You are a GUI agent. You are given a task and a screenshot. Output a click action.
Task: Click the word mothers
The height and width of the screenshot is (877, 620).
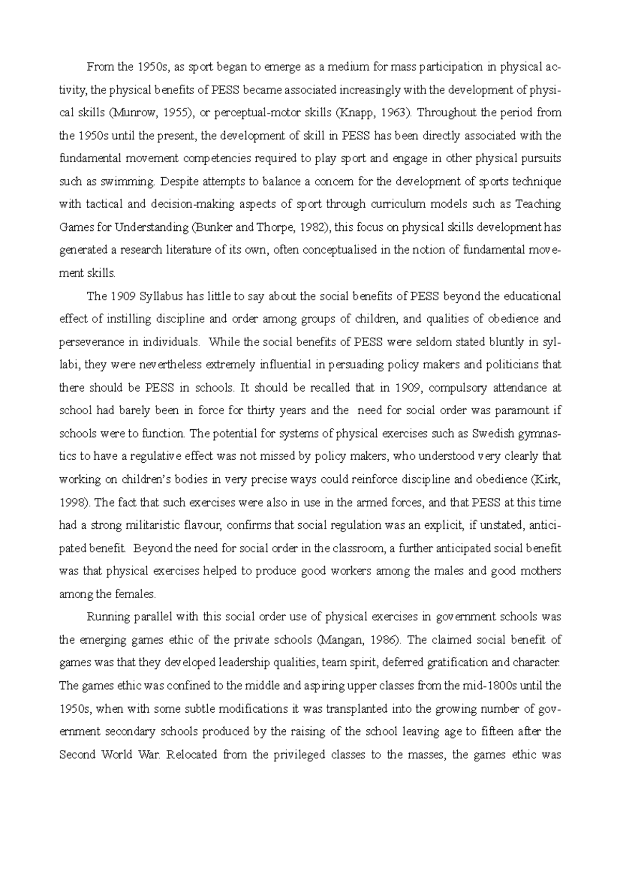(x=540, y=571)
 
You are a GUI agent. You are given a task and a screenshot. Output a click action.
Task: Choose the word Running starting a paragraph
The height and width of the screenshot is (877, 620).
(x=106, y=617)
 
